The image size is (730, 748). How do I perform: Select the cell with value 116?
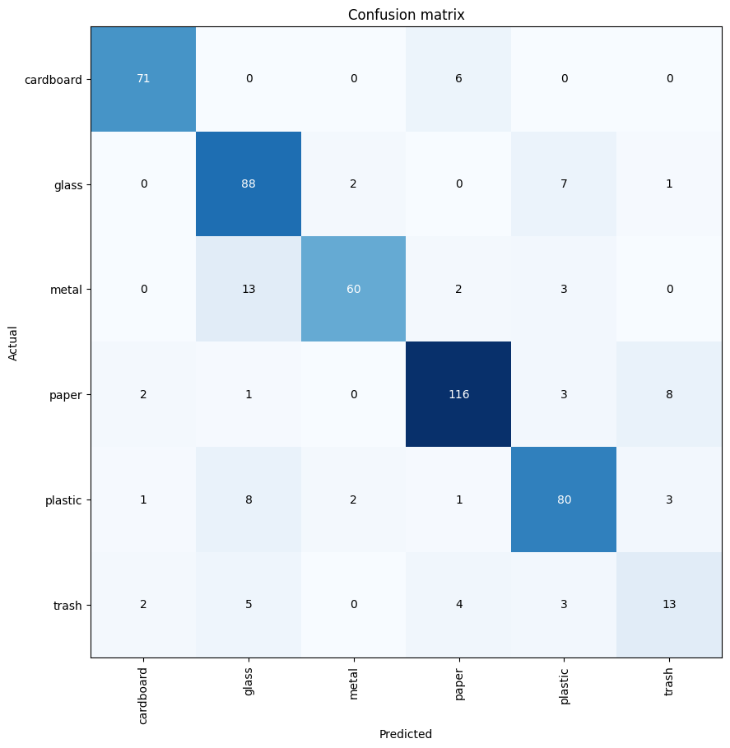point(458,394)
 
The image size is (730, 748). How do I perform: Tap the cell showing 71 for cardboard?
point(143,78)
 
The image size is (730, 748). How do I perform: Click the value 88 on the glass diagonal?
point(249,184)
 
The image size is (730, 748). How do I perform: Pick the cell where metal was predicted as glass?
point(249,289)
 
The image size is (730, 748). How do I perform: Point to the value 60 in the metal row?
point(354,289)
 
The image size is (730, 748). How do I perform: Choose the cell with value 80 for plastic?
point(564,499)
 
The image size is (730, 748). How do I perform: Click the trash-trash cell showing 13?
point(669,605)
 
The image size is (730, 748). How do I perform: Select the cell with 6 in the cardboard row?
point(458,78)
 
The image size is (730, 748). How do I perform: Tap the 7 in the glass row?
point(564,184)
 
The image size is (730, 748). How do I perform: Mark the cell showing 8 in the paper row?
point(669,394)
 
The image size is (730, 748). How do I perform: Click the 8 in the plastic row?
point(249,499)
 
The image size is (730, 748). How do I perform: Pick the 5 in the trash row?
point(249,605)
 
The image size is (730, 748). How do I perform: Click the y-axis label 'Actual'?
point(13,341)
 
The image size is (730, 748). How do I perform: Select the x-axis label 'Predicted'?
point(406,734)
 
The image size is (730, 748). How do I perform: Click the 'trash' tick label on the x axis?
point(669,681)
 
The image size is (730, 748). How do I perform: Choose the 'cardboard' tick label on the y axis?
point(58,78)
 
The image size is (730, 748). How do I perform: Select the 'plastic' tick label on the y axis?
point(65,499)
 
